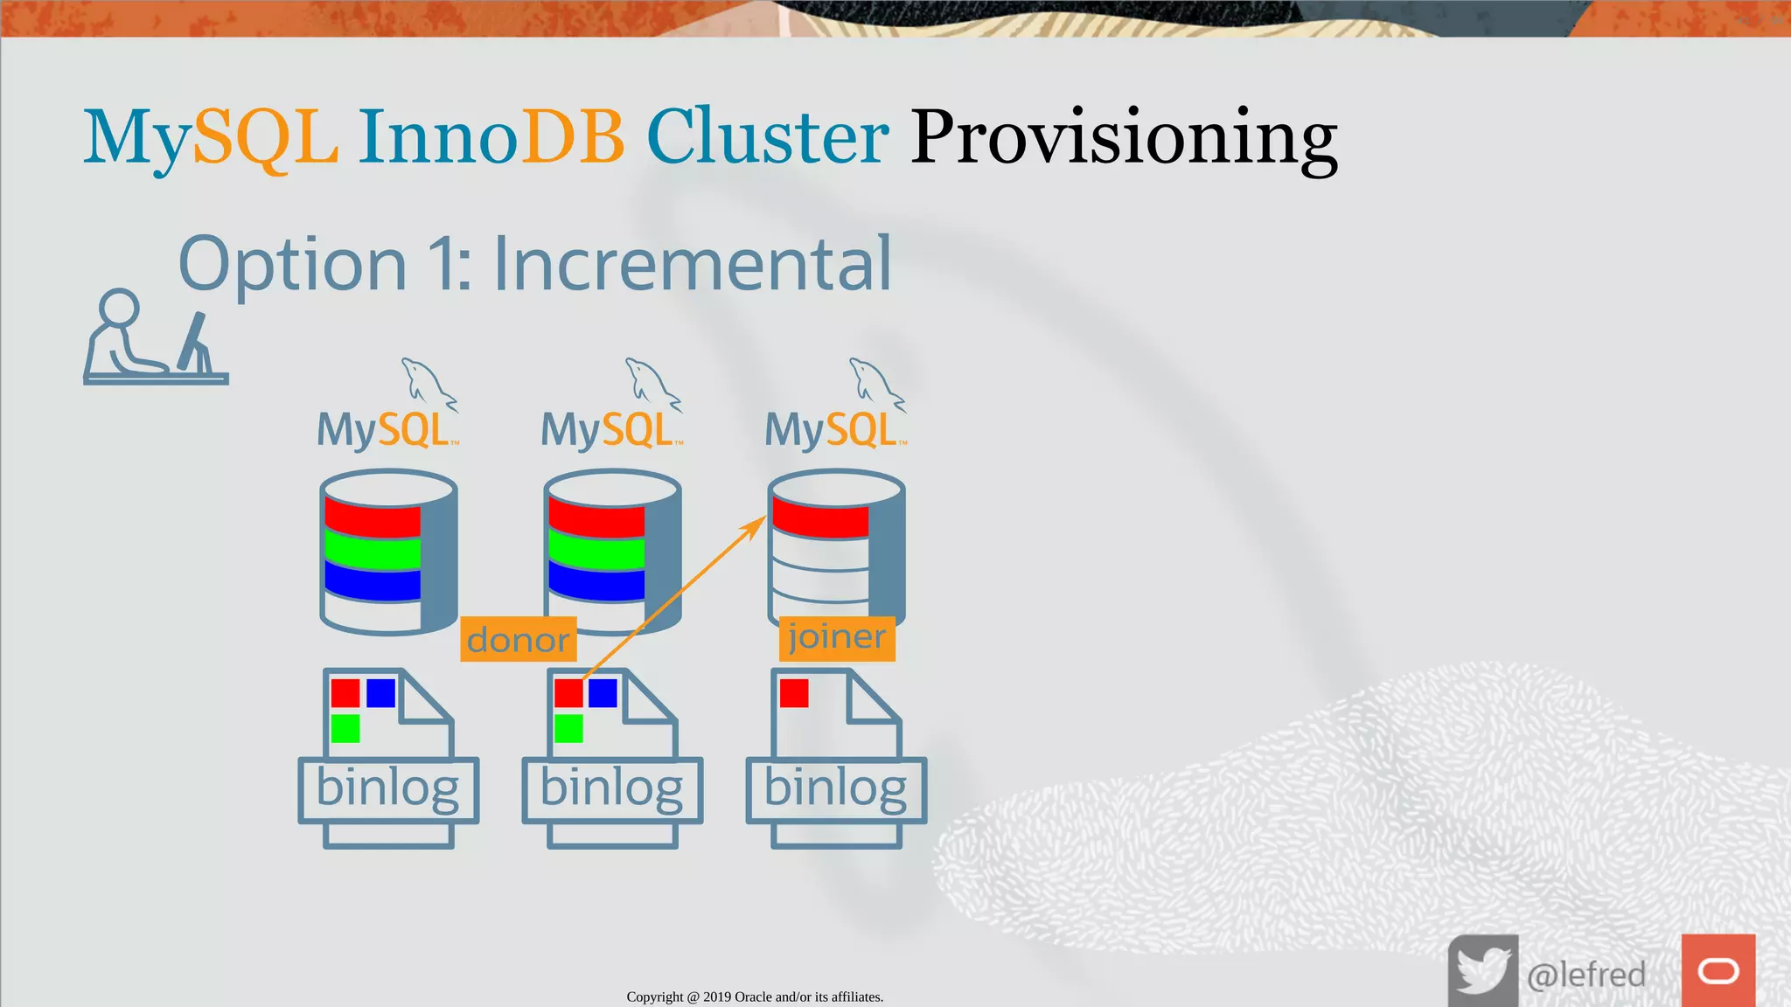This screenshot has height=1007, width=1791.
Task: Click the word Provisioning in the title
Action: tap(1124, 138)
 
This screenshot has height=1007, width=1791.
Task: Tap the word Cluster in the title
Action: tap(767, 138)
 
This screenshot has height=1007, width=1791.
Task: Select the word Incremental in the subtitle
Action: tap(692, 264)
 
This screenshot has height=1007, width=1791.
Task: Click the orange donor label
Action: tap(518, 640)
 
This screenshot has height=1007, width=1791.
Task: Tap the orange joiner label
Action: tap(836, 637)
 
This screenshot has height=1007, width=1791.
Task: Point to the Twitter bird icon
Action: tap(1482, 970)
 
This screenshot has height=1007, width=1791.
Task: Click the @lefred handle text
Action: tap(1585, 974)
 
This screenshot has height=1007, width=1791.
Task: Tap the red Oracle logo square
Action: tap(1718, 970)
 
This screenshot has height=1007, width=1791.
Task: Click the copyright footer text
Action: tap(755, 997)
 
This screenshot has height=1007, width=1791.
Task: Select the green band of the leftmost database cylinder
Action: tap(373, 551)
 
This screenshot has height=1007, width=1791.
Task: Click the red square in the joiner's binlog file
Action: tap(794, 693)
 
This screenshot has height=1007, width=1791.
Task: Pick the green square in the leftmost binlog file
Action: tap(345, 728)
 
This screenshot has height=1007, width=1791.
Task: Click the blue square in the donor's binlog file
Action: tap(603, 693)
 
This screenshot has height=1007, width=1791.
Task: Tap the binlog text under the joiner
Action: tap(835, 788)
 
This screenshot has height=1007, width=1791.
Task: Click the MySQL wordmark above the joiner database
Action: tap(834, 430)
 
